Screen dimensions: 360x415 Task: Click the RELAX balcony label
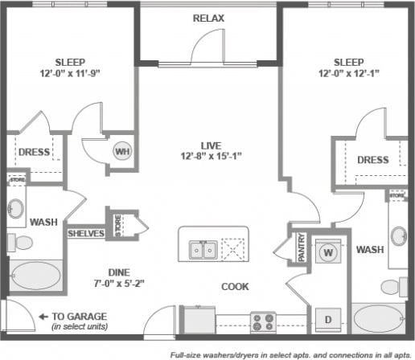click(x=208, y=18)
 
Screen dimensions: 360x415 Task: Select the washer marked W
click(x=328, y=251)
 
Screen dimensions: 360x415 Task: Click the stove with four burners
click(x=263, y=321)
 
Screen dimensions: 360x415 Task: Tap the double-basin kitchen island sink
click(x=202, y=250)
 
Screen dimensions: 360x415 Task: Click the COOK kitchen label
click(x=235, y=286)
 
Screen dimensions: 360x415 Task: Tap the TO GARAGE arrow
click(x=43, y=317)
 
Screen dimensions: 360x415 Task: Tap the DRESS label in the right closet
click(x=373, y=159)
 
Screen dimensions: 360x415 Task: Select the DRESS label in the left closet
click(x=33, y=151)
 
